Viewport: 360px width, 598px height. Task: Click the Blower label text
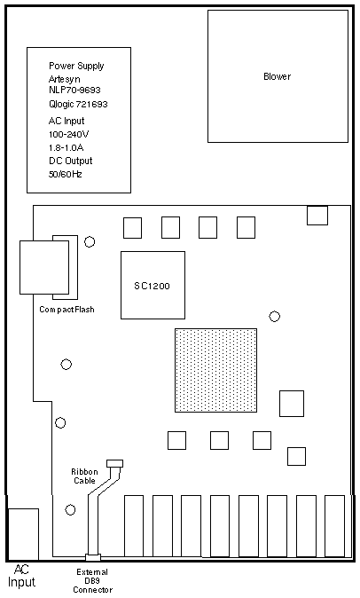click(277, 76)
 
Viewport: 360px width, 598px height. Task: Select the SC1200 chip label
click(152, 286)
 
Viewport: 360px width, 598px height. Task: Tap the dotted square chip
click(215, 370)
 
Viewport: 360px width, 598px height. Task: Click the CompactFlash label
click(67, 310)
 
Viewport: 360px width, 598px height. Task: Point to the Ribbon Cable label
click(84, 476)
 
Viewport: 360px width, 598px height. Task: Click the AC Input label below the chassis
click(21, 576)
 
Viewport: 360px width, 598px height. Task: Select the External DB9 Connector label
click(92, 581)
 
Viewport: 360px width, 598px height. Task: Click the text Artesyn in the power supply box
click(65, 79)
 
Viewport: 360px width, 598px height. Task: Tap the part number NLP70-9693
click(74, 90)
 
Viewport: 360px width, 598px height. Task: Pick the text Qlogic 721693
click(78, 104)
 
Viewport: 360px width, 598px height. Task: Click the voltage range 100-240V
click(69, 134)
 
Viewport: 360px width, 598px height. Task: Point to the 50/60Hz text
click(65, 174)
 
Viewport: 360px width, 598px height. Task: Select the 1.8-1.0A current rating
click(66, 147)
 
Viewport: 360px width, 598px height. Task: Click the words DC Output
click(70, 161)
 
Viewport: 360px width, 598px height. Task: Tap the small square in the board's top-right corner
click(317, 216)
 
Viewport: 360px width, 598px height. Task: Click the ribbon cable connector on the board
click(115, 464)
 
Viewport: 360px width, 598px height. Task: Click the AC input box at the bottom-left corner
click(23, 534)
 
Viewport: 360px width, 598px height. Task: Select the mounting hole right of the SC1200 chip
click(274, 316)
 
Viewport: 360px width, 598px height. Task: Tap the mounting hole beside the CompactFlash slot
click(90, 242)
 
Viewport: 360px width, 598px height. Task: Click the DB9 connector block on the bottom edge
click(93, 557)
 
